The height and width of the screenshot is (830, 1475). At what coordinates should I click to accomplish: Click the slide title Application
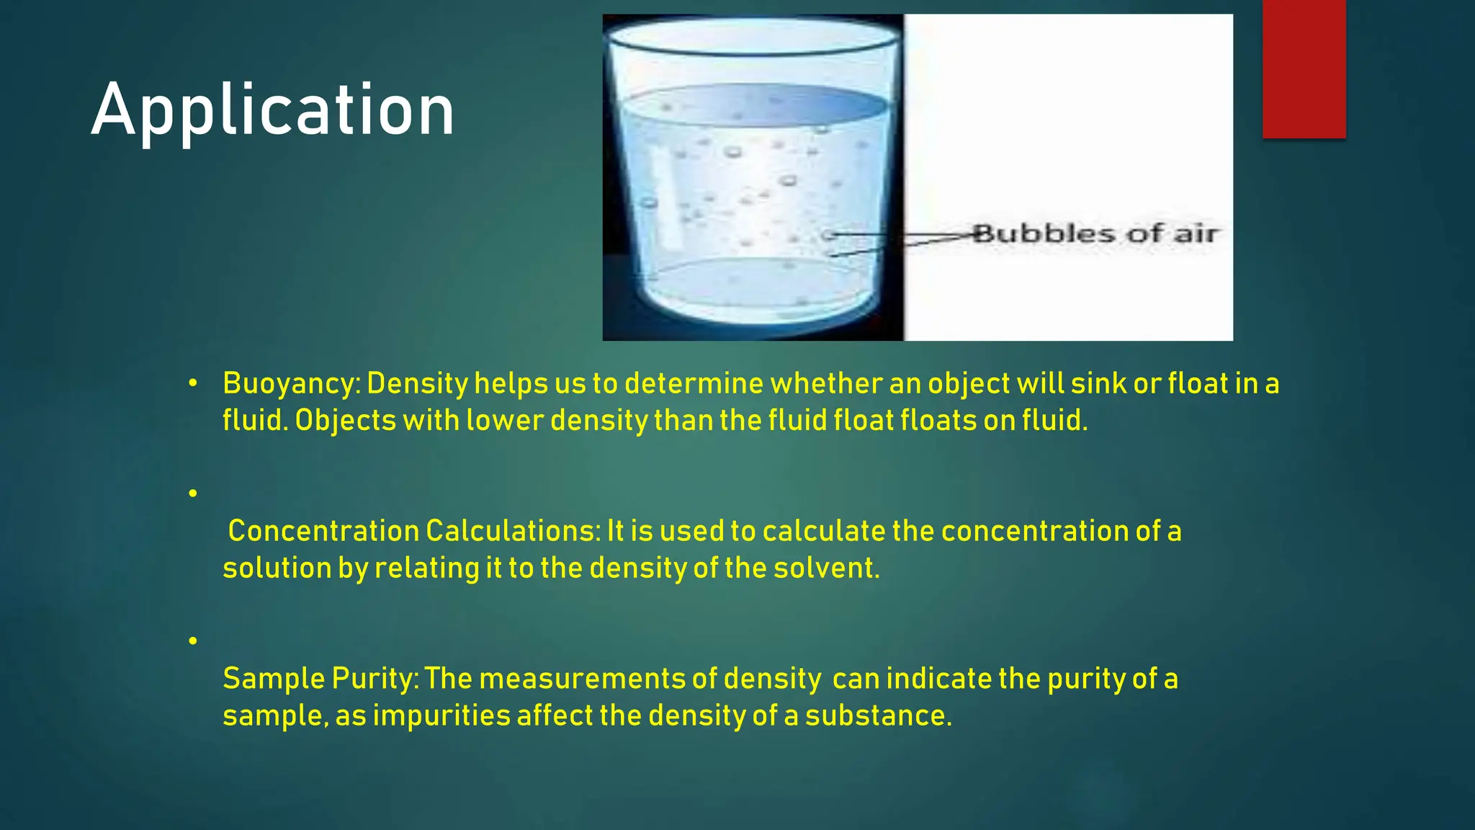tap(272, 110)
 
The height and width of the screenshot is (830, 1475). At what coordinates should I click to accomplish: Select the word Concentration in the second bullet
tap(323, 531)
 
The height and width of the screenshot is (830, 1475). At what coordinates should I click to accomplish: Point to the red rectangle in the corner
tap(1304, 68)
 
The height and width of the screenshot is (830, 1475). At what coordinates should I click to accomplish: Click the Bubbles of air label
tap(1094, 233)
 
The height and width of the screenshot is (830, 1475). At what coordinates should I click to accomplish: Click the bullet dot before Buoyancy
tap(192, 384)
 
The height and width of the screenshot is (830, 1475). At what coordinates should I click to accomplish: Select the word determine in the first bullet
tap(694, 383)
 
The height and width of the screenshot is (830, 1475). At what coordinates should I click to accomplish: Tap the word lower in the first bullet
tap(504, 420)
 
